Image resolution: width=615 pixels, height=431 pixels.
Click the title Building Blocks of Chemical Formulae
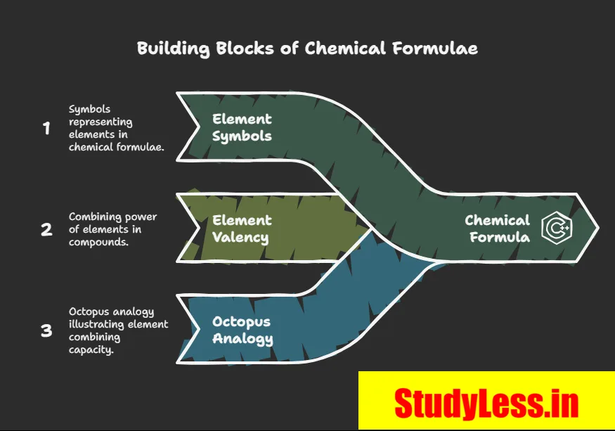tap(307, 49)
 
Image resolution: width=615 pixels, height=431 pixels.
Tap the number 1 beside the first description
tap(46, 129)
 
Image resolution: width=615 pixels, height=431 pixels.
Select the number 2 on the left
tap(46, 229)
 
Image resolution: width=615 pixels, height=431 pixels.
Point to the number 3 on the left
tap(46, 330)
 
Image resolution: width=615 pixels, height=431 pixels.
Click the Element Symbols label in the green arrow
tap(242, 127)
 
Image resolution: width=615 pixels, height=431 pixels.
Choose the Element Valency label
tap(240, 229)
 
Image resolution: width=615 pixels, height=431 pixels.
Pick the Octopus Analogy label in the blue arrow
tap(242, 330)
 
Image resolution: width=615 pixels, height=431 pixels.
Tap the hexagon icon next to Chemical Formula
tap(556, 229)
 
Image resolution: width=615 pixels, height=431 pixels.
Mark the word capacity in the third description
tap(91, 349)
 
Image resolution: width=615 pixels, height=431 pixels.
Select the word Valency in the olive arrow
tap(240, 237)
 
